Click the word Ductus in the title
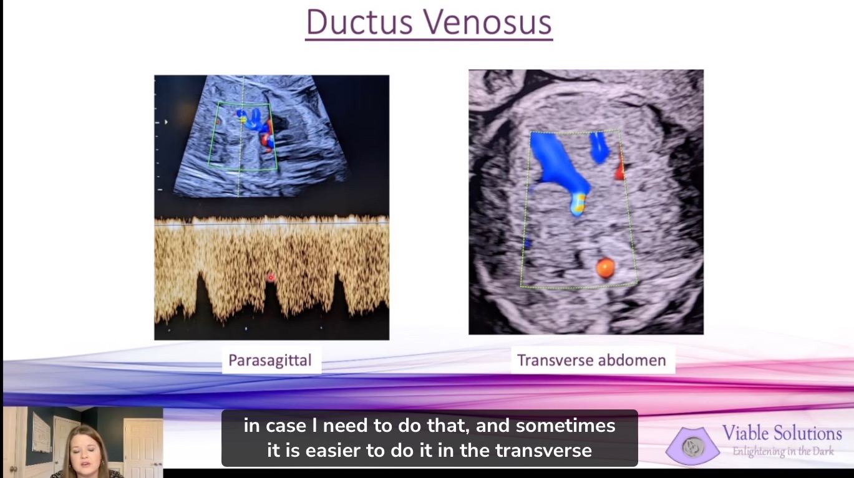click(359, 22)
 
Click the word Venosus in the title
click(488, 22)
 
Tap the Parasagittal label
click(270, 360)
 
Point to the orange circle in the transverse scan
click(605, 267)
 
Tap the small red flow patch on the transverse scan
click(619, 170)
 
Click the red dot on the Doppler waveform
click(271, 277)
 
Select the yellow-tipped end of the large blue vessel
click(578, 204)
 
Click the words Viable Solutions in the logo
click(782, 433)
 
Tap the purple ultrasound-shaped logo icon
click(692, 446)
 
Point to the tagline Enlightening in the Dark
click(783, 451)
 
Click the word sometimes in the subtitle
click(565, 426)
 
